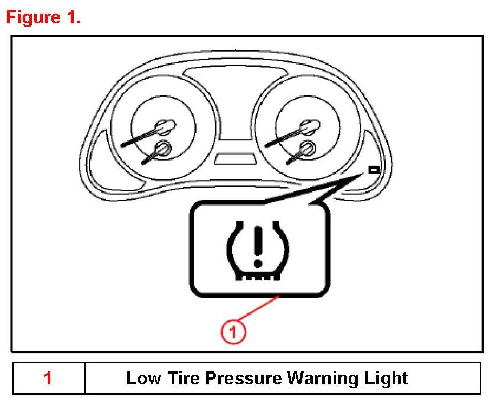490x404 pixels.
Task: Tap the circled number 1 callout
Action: tap(233, 331)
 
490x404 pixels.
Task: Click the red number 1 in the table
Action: tap(48, 378)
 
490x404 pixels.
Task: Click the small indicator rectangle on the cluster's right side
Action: tap(374, 170)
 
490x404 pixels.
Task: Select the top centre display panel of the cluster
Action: tap(235, 75)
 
